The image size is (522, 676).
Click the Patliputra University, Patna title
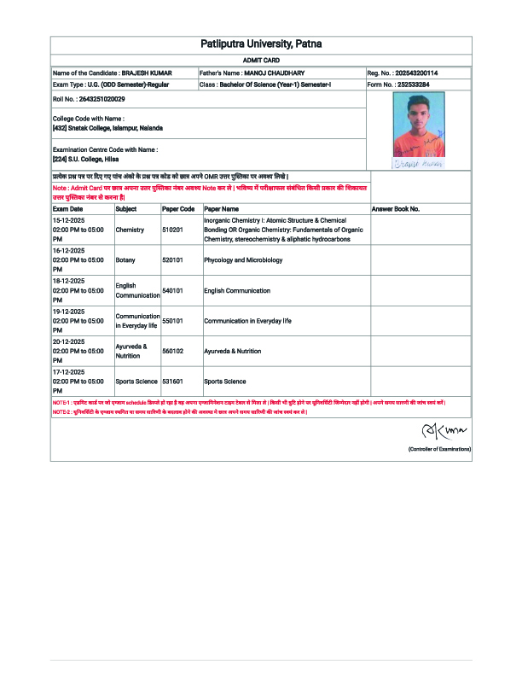(261, 44)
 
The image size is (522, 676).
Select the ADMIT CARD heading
(260, 61)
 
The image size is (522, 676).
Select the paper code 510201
(173, 230)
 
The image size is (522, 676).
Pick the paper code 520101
(173, 259)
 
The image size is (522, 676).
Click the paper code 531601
(173, 382)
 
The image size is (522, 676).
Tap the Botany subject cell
(125, 259)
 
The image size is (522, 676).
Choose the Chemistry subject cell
(130, 230)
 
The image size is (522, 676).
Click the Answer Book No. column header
(396, 208)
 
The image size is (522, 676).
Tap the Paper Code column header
(178, 208)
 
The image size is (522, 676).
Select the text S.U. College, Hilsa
(95, 159)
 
